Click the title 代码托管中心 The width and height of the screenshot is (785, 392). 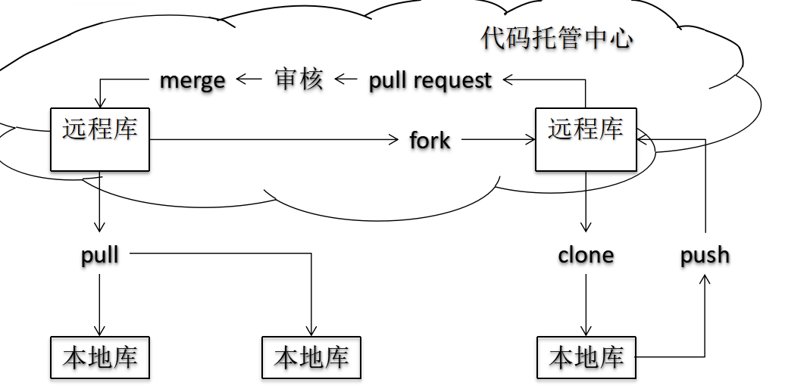click(x=556, y=39)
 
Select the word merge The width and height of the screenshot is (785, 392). click(x=192, y=79)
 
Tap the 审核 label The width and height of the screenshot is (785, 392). click(x=299, y=79)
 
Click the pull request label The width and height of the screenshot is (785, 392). click(x=430, y=80)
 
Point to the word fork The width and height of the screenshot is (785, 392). click(x=430, y=140)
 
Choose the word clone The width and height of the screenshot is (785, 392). click(x=586, y=255)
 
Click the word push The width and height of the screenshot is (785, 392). click(x=705, y=255)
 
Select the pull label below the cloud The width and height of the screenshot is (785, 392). click(x=100, y=255)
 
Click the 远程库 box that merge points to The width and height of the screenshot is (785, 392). click(x=100, y=139)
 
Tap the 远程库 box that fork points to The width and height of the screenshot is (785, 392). click(x=586, y=139)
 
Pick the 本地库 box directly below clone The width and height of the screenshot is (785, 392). click(x=586, y=357)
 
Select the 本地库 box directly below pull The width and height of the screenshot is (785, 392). click(x=100, y=357)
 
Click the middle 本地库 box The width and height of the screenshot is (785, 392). click(x=311, y=357)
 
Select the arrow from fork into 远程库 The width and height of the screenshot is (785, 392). click(x=497, y=139)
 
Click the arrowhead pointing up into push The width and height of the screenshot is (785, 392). click(x=705, y=280)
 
